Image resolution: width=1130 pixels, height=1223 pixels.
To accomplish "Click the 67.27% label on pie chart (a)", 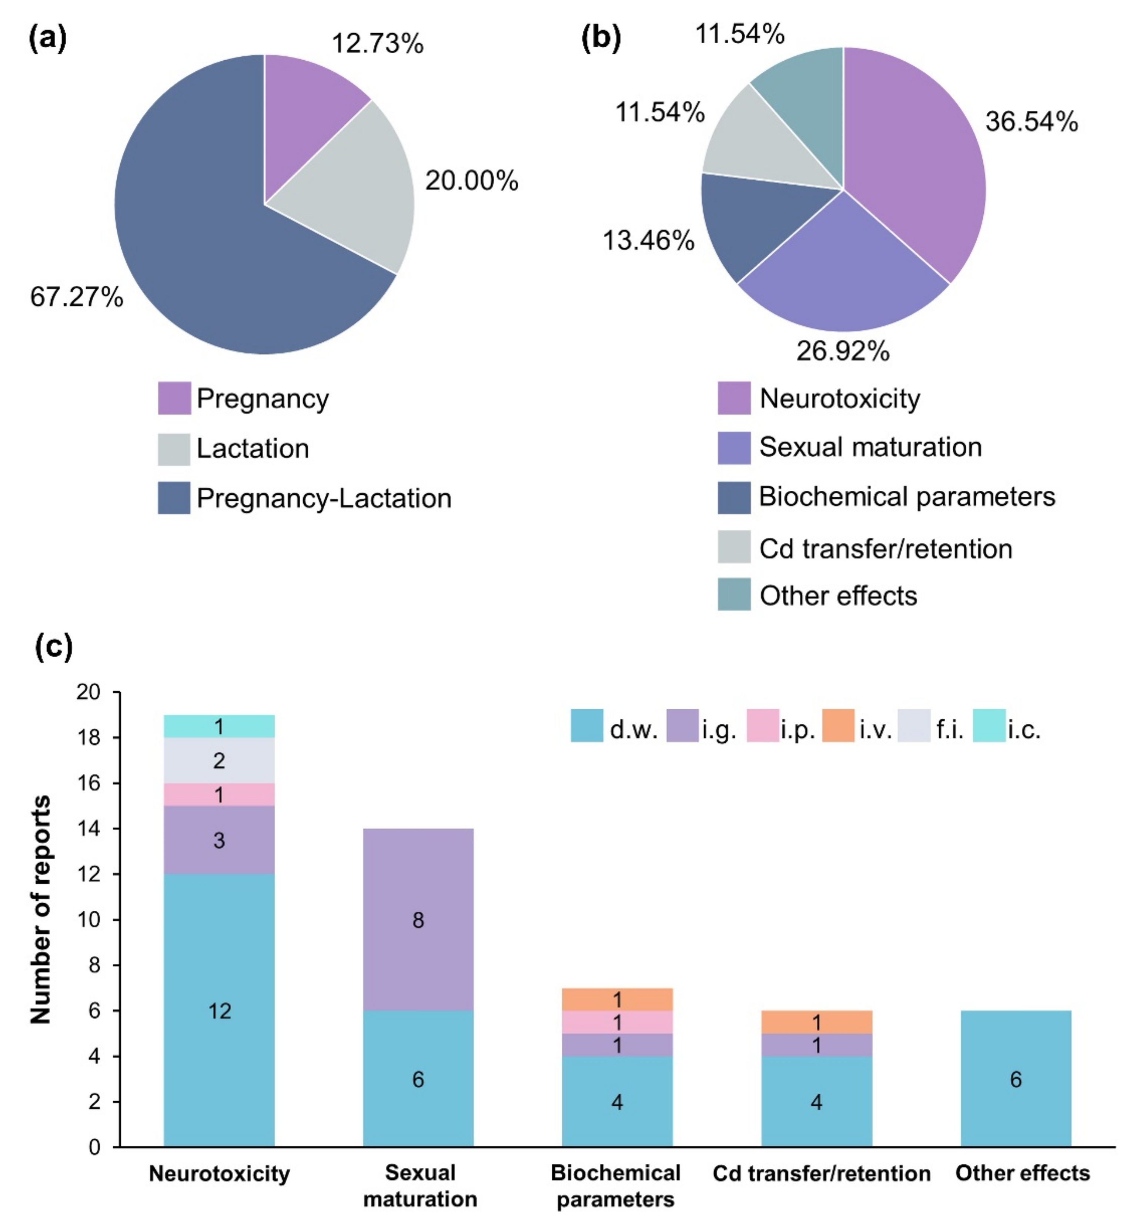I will pos(76,297).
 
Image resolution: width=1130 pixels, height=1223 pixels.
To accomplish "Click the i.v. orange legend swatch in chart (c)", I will pos(838,726).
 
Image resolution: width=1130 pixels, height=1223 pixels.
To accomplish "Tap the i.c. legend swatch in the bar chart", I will pos(989,726).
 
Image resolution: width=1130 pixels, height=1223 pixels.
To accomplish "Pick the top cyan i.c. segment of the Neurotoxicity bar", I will pos(219,726).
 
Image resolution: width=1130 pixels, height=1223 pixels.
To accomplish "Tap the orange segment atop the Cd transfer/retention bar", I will pos(816,1022).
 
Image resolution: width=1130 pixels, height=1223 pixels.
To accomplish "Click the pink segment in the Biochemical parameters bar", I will pos(617,1022).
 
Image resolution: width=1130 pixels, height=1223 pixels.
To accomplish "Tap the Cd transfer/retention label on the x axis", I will pos(821,1173).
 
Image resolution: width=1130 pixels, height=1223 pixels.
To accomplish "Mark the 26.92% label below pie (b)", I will pos(843,351).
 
